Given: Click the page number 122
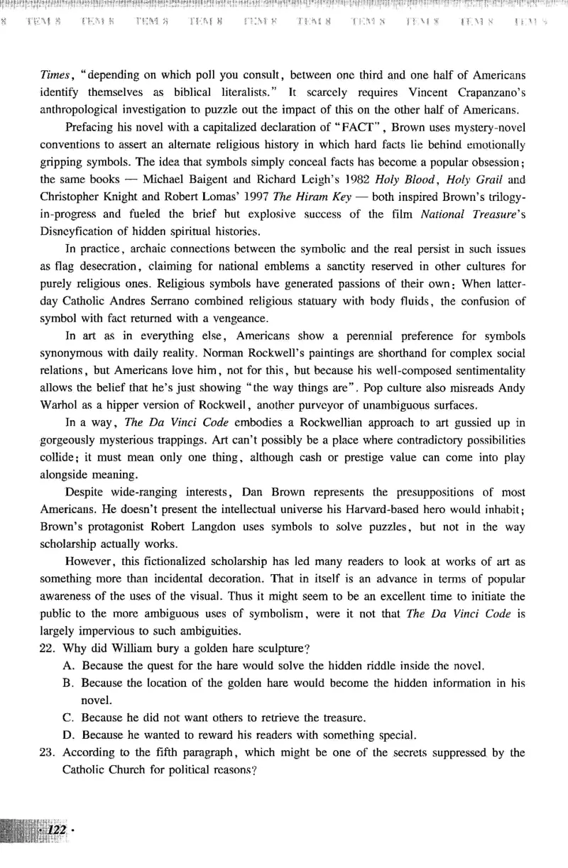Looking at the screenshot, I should (53, 830).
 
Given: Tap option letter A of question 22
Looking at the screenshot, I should (68, 666).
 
